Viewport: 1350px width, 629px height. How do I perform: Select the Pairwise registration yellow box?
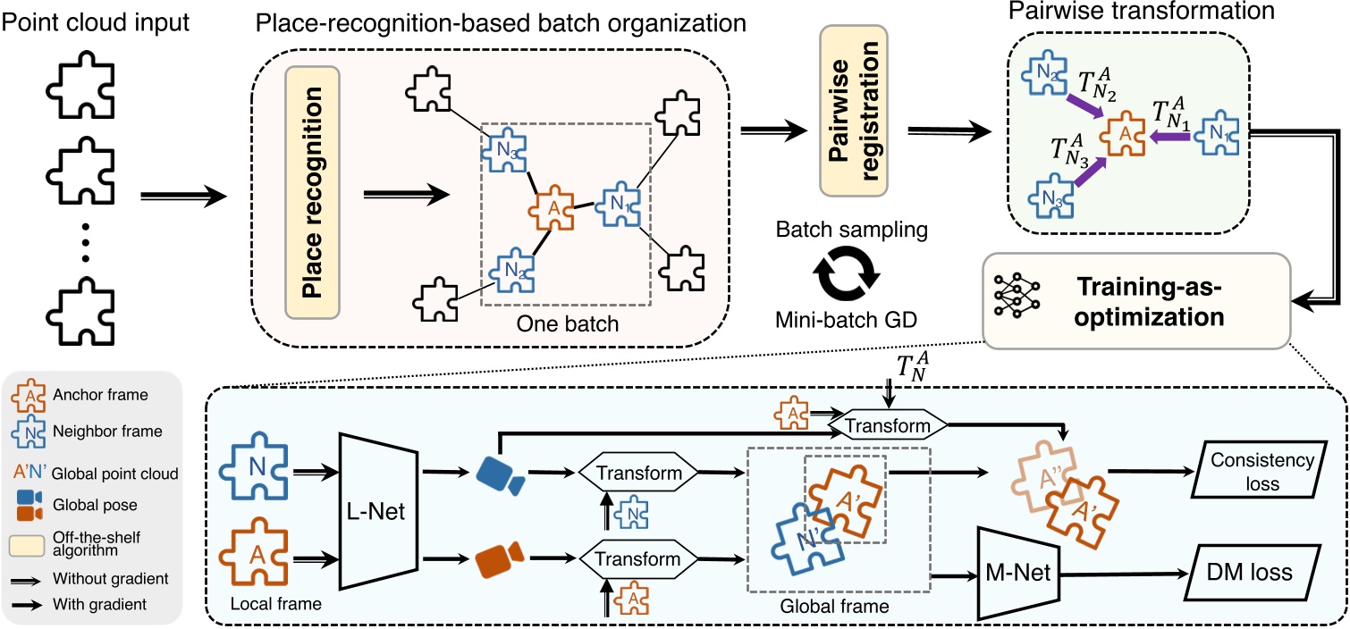[851, 112]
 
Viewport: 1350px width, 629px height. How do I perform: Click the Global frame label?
[832, 605]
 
